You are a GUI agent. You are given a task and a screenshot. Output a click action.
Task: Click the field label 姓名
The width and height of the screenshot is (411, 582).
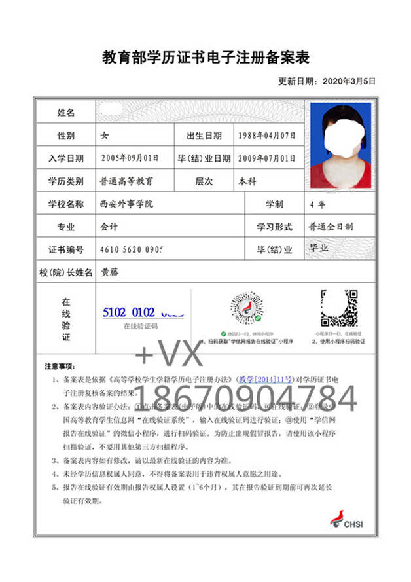(66, 113)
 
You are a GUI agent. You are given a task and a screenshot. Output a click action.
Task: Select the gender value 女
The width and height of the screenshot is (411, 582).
(104, 136)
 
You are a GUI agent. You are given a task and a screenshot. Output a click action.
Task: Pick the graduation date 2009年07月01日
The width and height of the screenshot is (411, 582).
(266, 158)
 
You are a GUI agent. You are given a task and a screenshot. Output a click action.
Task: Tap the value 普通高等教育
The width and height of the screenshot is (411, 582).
(126, 181)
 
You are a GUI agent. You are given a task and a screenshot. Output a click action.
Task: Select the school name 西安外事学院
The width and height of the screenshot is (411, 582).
(126, 204)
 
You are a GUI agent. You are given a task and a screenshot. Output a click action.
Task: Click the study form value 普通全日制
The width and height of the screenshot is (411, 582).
(331, 227)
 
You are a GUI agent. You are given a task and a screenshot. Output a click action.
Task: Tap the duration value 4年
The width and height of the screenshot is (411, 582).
(317, 204)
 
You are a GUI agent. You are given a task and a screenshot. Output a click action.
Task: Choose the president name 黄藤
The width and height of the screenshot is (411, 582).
(109, 272)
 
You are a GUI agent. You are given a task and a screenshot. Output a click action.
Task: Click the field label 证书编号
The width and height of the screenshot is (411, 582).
(66, 249)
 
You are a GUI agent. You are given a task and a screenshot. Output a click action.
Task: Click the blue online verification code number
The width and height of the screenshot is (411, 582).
(143, 312)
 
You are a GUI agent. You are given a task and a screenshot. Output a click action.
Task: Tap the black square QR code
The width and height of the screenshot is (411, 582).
(338, 308)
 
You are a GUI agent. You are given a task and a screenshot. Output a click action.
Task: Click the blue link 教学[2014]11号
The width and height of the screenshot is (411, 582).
(262, 379)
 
